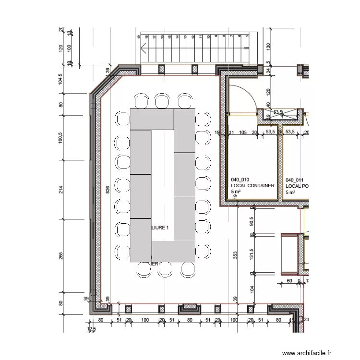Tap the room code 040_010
coord(241,179)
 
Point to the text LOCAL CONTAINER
coord(252,185)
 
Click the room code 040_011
coord(295,179)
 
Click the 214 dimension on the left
coord(61,190)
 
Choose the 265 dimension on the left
coord(61,256)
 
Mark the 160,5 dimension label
coord(61,141)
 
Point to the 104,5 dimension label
coord(61,79)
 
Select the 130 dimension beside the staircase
coord(268,47)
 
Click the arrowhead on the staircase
coord(143,48)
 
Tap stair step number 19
coord(139,36)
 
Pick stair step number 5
coord(247,36)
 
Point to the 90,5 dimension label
coord(251,221)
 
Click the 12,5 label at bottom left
coord(92,329)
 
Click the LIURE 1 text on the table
coord(160,228)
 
